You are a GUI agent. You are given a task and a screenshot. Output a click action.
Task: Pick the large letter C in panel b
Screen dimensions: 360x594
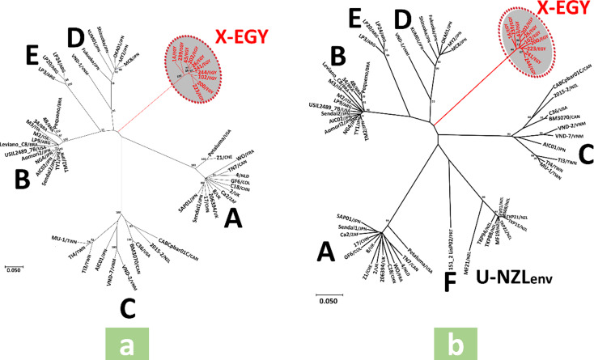pyautogui.click(x=567, y=152)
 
